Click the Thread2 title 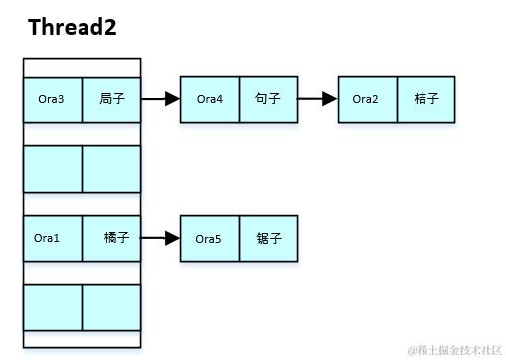(x=73, y=27)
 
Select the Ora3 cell (x=52, y=99)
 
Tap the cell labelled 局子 (x=111, y=99)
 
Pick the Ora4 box (x=210, y=99)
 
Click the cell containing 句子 (x=268, y=99)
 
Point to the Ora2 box (x=368, y=99)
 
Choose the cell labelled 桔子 (x=426, y=99)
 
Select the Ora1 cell (x=52, y=238)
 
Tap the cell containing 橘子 (x=111, y=238)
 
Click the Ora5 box (x=210, y=239)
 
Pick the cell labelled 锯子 (x=268, y=239)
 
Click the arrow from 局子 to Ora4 (x=160, y=99)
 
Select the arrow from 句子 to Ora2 (x=318, y=99)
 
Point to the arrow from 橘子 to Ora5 (x=160, y=239)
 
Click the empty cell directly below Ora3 (x=52, y=169)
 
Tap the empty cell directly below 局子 (x=111, y=169)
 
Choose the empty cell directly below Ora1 (x=52, y=308)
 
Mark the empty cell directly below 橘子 (x=111, y=308)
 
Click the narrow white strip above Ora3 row (x=82, y=67)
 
